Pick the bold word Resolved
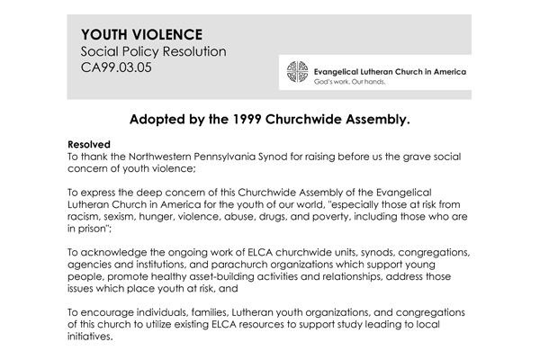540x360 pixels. pyautogui.click(x=90, y=143)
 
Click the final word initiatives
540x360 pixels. pyautogui.click(x=92, y=338)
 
